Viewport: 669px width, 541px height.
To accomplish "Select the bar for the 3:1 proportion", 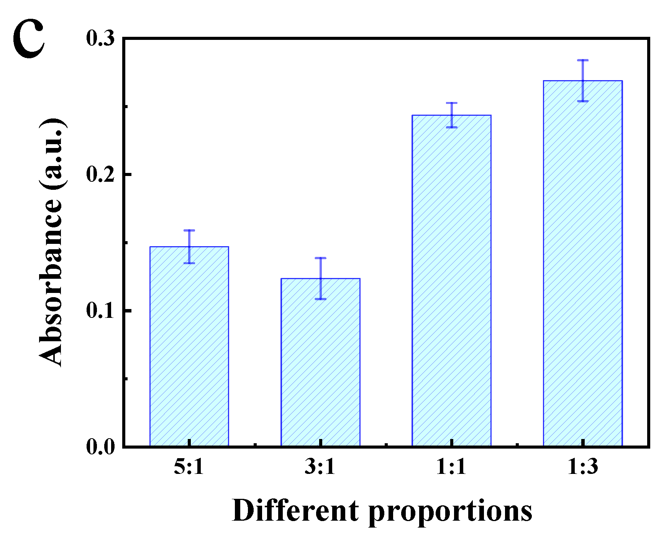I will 320,362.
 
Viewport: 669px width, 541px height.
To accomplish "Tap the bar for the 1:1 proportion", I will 451,280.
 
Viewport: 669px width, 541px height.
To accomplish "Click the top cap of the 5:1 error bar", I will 189,230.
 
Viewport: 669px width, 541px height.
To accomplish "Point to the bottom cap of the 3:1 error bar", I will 320,299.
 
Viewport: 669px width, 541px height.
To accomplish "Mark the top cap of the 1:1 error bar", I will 451,103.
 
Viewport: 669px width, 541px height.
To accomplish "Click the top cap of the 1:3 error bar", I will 582,60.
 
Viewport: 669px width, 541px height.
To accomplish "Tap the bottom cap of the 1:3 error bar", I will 582,101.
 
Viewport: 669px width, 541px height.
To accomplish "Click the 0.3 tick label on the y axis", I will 100,39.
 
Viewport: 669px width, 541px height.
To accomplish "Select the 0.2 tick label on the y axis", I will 100,174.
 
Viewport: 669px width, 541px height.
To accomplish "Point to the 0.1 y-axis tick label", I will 100,311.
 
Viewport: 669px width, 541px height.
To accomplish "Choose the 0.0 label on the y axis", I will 100,447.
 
